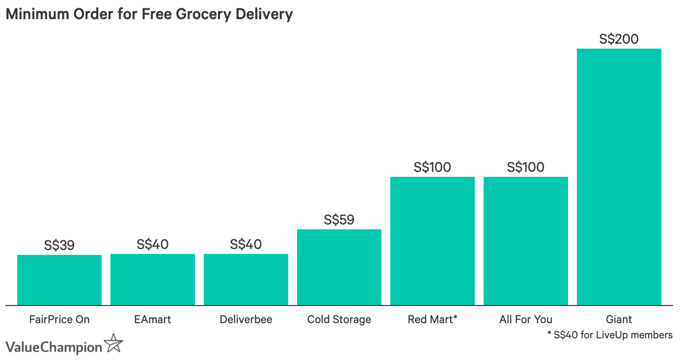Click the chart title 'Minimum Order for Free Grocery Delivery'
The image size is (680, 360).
click(x=149, y=14)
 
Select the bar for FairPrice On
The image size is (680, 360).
click(x=59, y=280)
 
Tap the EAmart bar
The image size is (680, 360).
click(x=153, y=279)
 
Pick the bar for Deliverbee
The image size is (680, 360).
click(x=246, y=279)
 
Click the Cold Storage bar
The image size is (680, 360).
click(x=339, y=267)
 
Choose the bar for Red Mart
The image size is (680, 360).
click(x=433, y=241)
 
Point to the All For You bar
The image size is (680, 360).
click(x=526, y=241)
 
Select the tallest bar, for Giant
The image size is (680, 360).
click(x=619, y=177)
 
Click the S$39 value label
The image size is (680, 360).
click(x=59, y=245)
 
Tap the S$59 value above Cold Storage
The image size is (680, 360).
click(x=339, y=220)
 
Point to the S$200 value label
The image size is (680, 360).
click(x=619, y=39)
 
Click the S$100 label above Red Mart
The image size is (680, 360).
click(x=433, y=167)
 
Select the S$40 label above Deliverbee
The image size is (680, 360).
click(x=246, y=244)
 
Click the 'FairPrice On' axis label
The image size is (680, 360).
click(x=59, y=320)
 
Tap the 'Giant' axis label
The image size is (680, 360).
click(x=619, y=320)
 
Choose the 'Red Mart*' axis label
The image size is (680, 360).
click(x=433, y=320)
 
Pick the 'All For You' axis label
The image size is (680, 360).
click(x=526, y=320)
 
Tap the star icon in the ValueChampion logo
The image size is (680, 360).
click(x=114, y=344)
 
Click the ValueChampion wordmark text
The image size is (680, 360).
click(x=54, y=347)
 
